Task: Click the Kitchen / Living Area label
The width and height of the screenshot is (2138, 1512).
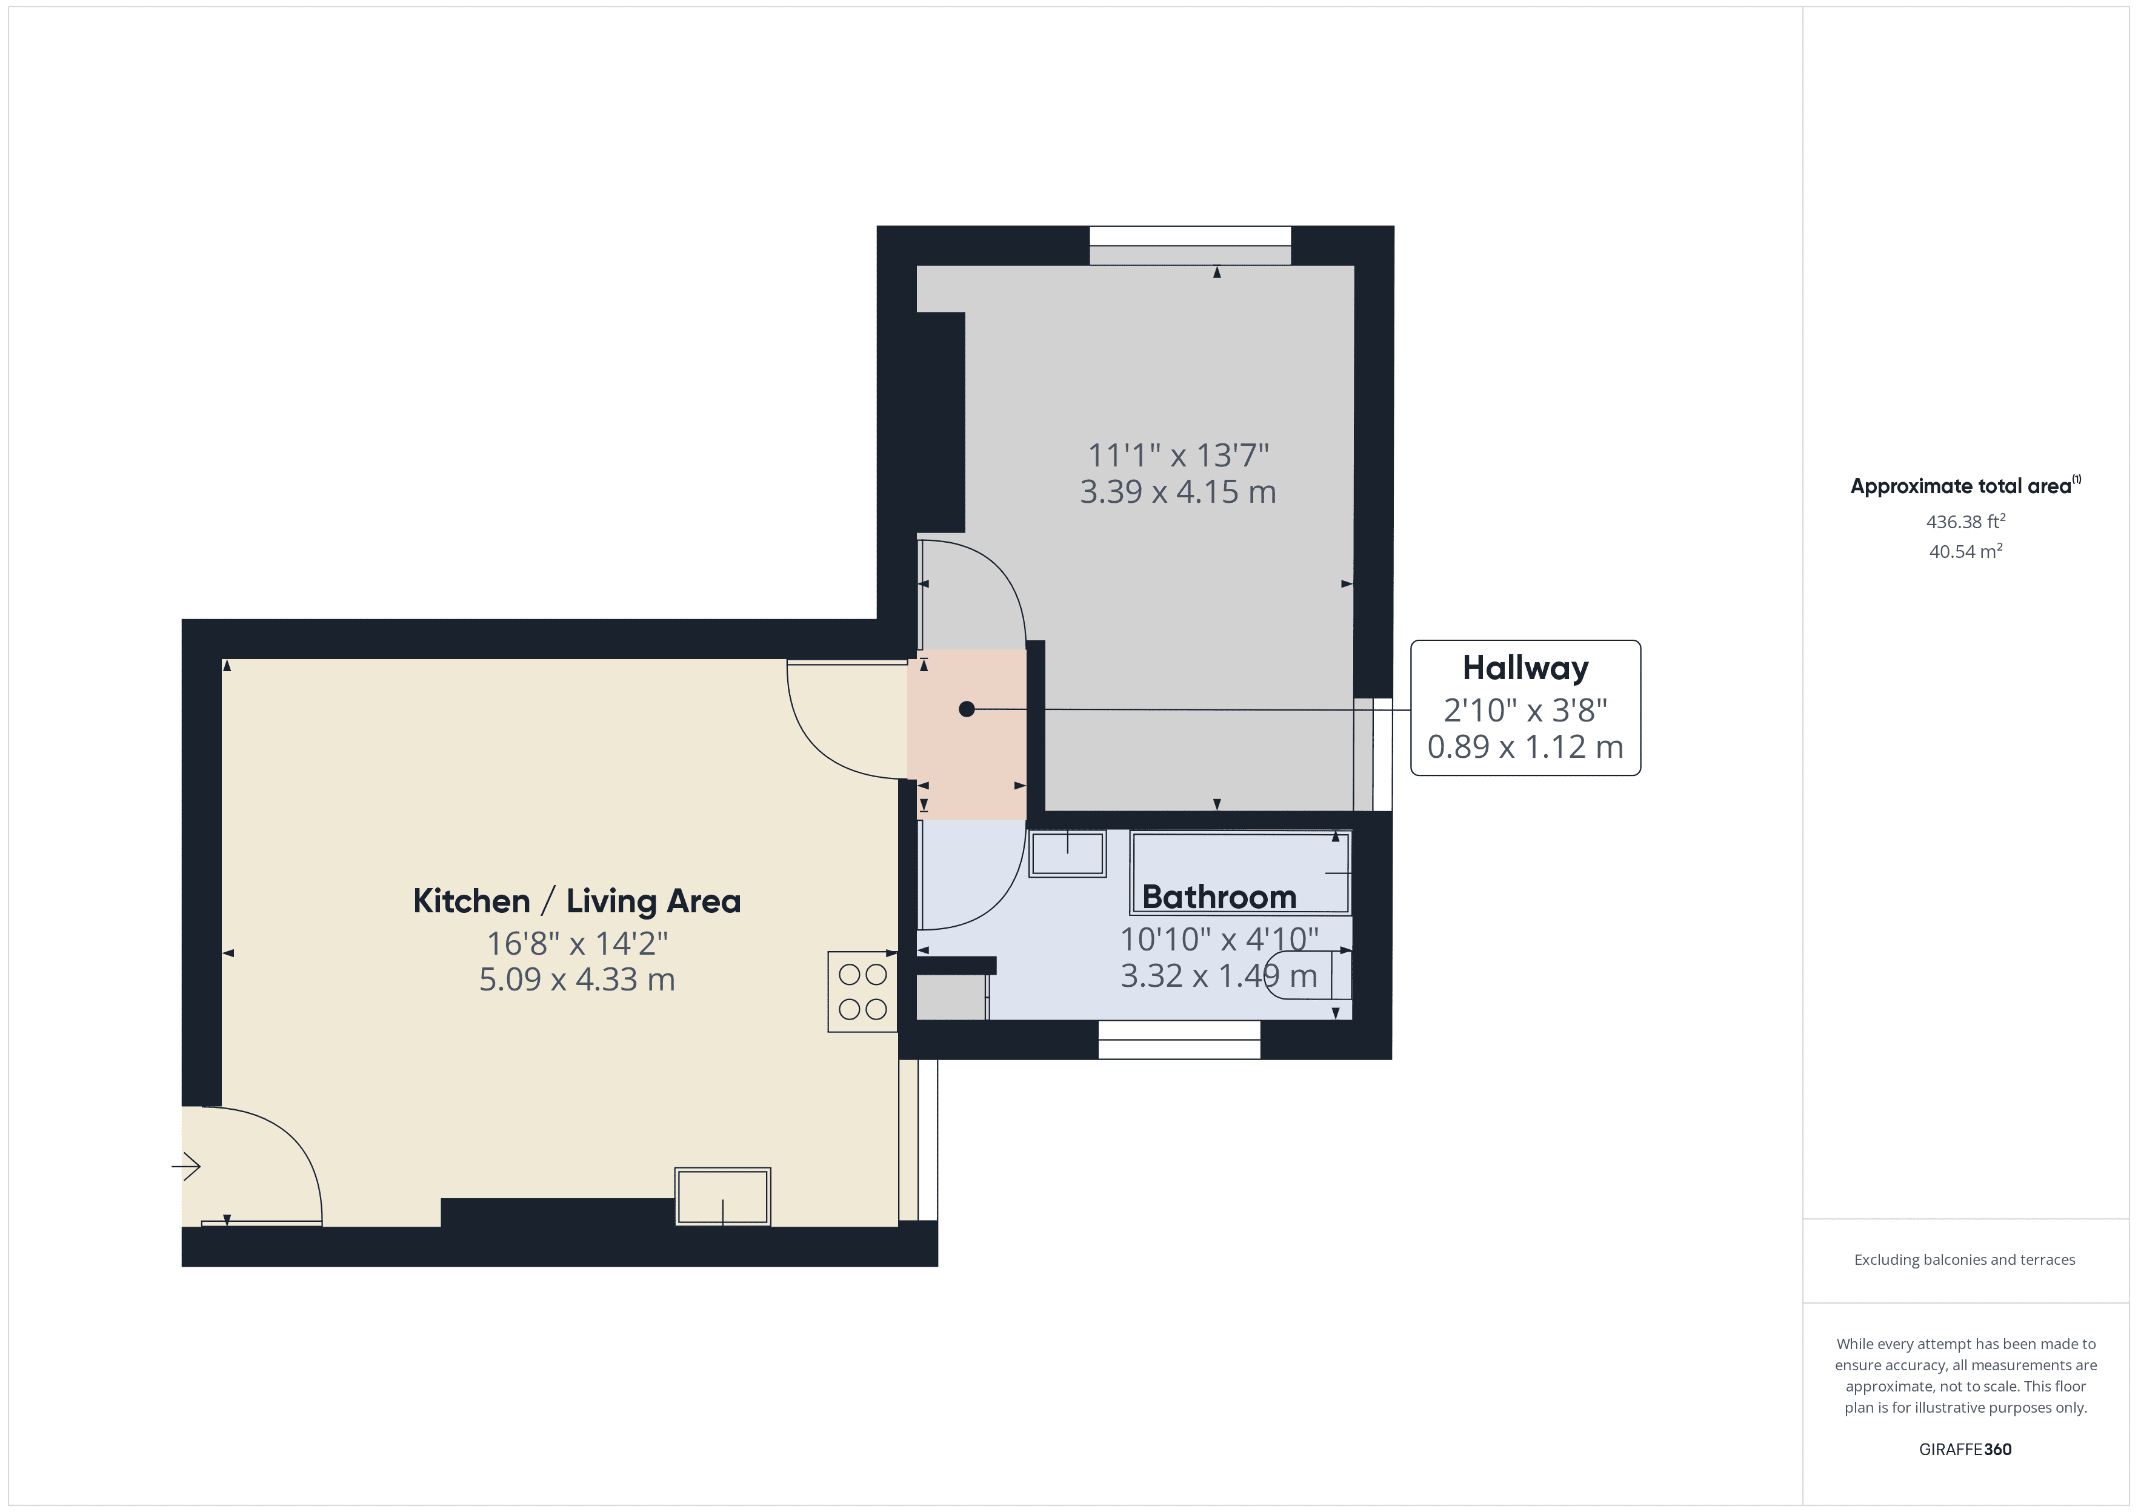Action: (576, 901)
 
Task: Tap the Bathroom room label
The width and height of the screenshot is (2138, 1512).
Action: (1219, 897)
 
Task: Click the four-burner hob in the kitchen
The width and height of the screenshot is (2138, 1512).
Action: (862, 992)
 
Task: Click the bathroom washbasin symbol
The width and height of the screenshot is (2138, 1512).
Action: (1067, 853)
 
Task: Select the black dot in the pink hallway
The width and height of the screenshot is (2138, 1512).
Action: (967, 709)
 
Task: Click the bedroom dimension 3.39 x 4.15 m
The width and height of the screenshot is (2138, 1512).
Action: (1178, 492)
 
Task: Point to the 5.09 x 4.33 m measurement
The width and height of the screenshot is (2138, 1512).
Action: (576, 980)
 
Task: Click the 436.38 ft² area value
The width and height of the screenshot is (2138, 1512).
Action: (1965, 522)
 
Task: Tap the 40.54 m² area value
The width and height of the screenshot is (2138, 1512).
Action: (1965, 551)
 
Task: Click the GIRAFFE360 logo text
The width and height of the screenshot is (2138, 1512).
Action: (1965, 1450)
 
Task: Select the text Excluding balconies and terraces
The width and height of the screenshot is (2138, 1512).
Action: (1964, 1259)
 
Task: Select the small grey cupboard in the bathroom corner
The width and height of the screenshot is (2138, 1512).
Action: (951, 997)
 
